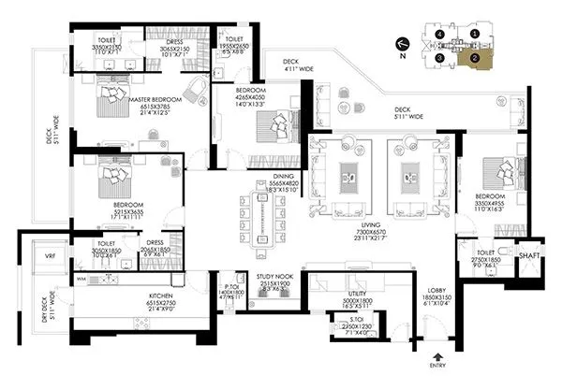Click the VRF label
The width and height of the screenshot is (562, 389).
click(51, 254)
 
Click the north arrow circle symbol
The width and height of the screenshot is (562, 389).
click(403, 43)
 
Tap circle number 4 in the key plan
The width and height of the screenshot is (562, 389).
click(439, 34)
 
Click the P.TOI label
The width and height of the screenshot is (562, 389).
click(234, 287)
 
